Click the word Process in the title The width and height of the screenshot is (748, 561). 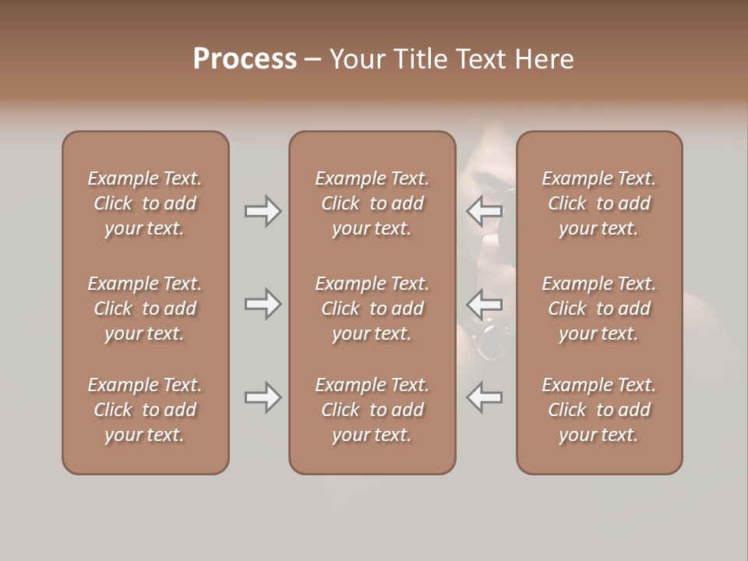(245, 58)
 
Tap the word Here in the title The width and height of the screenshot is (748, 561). (545, 58)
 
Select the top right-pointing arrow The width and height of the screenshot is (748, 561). (263, 211)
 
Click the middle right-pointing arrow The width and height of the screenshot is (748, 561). (263, 303)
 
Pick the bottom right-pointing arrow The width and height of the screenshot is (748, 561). (263, 397)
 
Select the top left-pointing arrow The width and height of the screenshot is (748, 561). (485, 210)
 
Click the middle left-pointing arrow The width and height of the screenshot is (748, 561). (485, 303)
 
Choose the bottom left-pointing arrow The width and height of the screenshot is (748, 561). (485, 397)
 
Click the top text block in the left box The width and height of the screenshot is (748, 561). (145, 203)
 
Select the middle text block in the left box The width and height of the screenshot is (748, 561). (145, 309)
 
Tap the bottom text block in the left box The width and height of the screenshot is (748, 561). (145, 410)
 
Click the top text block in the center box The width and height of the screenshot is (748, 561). (372, 203)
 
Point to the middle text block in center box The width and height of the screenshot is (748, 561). (372, 309)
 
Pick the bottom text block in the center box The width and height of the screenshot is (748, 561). (372, 410)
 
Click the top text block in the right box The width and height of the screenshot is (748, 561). (598, 203)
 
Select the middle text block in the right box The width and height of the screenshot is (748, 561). (598, 309)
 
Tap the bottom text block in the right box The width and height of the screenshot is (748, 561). (598, 410)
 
